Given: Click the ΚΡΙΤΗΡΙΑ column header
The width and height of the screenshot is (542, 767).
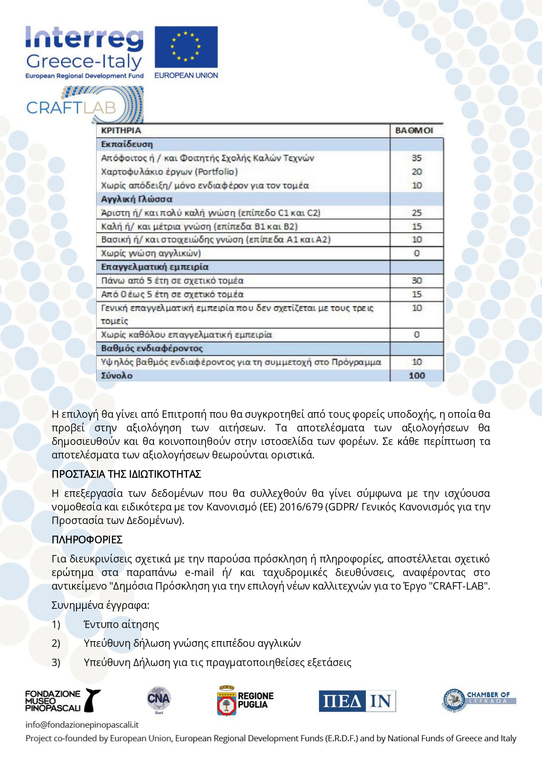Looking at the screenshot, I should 121,130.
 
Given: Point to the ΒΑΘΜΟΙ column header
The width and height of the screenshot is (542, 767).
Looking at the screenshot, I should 414,130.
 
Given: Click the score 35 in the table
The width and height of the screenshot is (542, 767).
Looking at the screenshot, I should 417,158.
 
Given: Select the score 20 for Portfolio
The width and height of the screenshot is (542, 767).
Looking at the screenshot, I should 417,172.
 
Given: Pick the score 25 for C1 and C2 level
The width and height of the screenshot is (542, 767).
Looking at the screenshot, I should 417,213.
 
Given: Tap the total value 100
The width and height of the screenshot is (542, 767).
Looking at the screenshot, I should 417,375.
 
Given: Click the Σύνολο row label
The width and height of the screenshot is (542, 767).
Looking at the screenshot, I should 117,375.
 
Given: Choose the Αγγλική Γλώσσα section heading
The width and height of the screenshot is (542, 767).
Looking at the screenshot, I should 137,199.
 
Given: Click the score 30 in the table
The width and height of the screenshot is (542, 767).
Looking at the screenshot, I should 417,281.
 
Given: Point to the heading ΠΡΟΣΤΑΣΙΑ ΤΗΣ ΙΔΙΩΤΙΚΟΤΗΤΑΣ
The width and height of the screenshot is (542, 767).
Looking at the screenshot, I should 126,474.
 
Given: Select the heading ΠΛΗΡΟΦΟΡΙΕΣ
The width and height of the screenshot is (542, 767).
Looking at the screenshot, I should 87,540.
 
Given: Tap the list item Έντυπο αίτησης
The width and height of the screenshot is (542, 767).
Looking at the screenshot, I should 122,625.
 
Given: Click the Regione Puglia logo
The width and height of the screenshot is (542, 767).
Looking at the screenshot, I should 246,701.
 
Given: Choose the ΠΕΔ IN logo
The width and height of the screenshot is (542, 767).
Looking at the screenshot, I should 357,701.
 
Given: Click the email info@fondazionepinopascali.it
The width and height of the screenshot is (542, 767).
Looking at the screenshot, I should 82,725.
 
